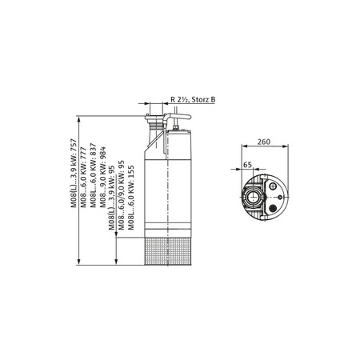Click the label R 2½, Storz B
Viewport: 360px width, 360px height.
coord(193,98)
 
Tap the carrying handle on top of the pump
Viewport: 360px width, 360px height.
coord(178,120)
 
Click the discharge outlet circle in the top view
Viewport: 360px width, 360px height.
coord(255,194)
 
